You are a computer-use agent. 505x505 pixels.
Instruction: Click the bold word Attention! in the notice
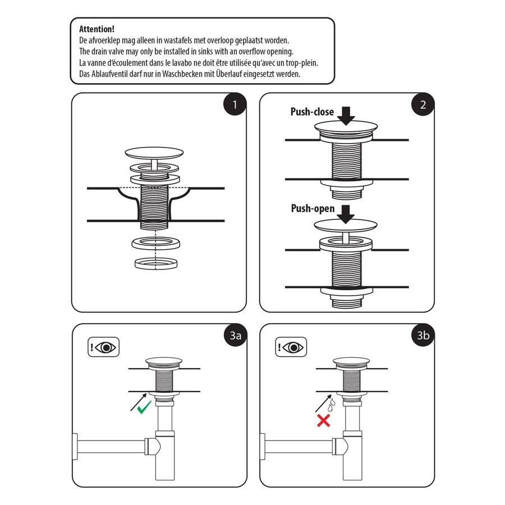pos(97,29)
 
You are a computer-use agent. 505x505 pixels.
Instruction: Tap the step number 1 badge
pos(235,104)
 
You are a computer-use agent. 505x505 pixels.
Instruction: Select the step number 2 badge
pos(423,104)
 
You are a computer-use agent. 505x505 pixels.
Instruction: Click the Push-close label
pos(312,112)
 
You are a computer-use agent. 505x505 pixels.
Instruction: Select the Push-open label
pos(313,209)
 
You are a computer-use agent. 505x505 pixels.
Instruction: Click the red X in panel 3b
pos(323,421)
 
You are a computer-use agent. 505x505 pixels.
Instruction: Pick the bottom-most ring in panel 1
pos(155,263)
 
